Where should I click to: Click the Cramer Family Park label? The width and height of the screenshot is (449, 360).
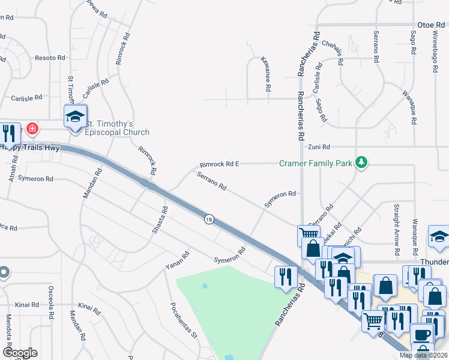click(x=317, y=163)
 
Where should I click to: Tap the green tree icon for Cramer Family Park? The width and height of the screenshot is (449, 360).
click(x=361, y=162)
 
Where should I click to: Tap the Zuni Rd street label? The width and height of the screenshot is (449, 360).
click(x=319, y=146)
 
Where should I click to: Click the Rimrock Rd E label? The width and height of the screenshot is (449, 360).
click(x=219, y=164)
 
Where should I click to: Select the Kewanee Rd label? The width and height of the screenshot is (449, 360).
click(x=265, y=74)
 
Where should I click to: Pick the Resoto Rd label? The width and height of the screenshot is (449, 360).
click(x=50, y=58)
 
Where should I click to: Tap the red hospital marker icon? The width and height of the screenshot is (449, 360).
click(x=31, y=128)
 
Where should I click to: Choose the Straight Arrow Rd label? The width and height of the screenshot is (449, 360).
click(x=397, y=221)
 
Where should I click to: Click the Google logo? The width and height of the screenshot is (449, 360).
click(x=20, y=353)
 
